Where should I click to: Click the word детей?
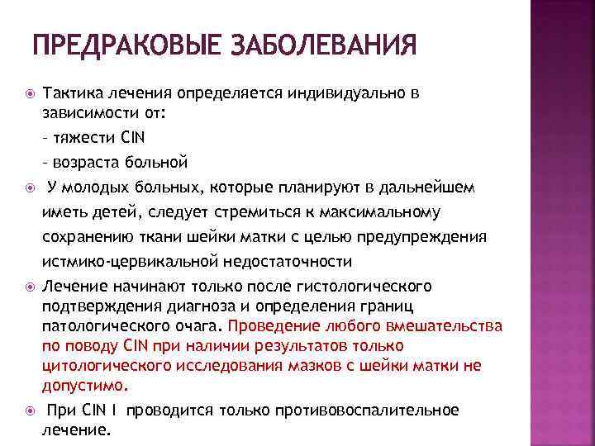(x=100, y=212)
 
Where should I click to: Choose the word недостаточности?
(x=284, y=262)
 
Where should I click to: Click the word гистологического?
(x=364, y=287)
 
